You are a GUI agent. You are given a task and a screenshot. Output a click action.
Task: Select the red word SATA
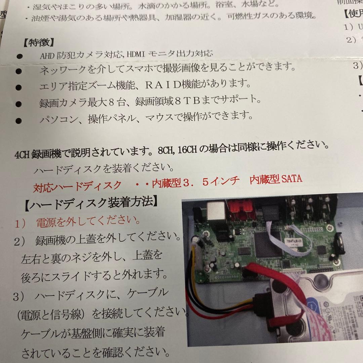click(292, 179)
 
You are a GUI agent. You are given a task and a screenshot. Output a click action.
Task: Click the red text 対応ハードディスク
click(77, 186)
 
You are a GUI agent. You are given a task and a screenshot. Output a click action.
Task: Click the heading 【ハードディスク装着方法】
click(91, 203)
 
